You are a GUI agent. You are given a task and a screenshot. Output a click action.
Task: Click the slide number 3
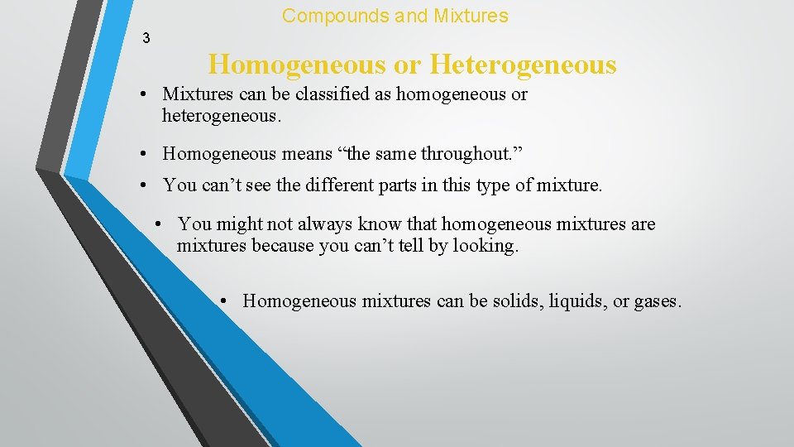(146, 38)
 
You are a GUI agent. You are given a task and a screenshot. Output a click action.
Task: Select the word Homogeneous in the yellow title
(309, 65)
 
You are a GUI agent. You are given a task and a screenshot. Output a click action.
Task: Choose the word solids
(498, 300)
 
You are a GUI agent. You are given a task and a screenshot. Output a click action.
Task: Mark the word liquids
(571, 300)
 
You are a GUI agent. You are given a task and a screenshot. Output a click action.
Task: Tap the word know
(379, 223)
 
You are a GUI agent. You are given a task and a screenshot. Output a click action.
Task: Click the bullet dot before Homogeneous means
(144, 154)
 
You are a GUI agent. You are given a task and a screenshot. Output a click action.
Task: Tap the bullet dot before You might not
(160, 224)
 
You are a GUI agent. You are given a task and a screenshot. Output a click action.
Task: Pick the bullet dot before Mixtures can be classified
(144, 95)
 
